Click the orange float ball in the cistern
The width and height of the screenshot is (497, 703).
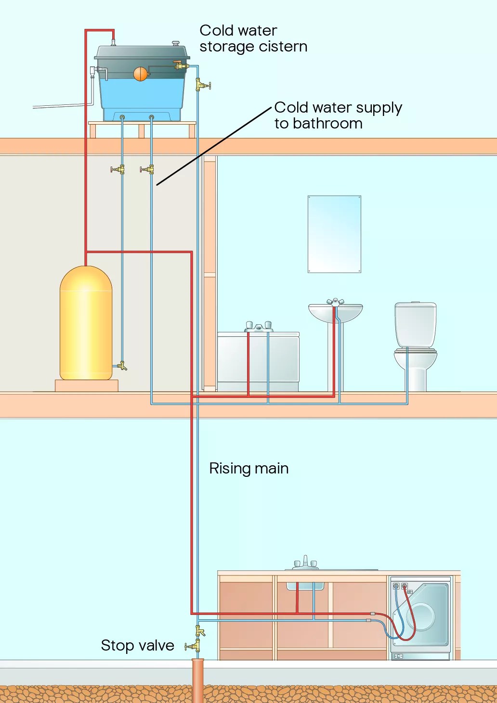pos(140,74)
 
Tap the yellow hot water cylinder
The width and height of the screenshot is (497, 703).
pos(86,323)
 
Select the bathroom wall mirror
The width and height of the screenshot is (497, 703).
pos(334,234)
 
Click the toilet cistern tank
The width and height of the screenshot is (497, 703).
pos(415,324)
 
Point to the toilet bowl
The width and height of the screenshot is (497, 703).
pos(415,367)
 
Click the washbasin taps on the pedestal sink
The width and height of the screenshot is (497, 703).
pos(335,301)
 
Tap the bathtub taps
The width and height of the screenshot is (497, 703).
pos(259,327)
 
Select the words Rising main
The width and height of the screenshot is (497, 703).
pos(249,469)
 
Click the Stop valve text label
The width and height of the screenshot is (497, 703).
pos(138,646)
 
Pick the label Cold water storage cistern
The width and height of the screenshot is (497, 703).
pos(253,38)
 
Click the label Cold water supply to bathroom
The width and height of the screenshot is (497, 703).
pos(338,115)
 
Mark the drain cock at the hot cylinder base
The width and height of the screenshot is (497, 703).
pos(122,366)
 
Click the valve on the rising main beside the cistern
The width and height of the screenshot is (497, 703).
pos(203,85)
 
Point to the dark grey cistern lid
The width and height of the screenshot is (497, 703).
pos(142,53)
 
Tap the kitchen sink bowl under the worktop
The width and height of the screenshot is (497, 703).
pos(305,586)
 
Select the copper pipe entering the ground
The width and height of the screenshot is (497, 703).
pos(198,680)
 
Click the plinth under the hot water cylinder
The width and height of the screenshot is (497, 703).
pos(87,386)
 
